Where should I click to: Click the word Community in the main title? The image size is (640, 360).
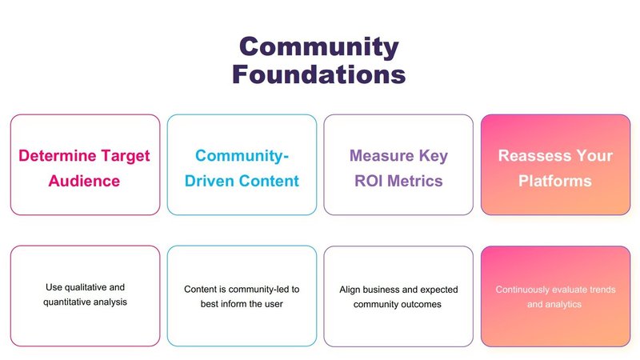pos(318,48)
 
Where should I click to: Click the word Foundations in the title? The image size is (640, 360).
pos(318,74)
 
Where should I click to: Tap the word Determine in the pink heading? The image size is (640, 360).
pos(57,155)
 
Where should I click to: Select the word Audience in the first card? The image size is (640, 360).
pos(84,181)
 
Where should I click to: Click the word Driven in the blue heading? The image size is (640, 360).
pos(210,181)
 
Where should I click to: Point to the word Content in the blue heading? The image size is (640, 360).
pos(269,181)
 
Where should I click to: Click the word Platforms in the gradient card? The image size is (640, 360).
pos(555,181)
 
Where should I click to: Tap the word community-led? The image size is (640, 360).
pos(254,290)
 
